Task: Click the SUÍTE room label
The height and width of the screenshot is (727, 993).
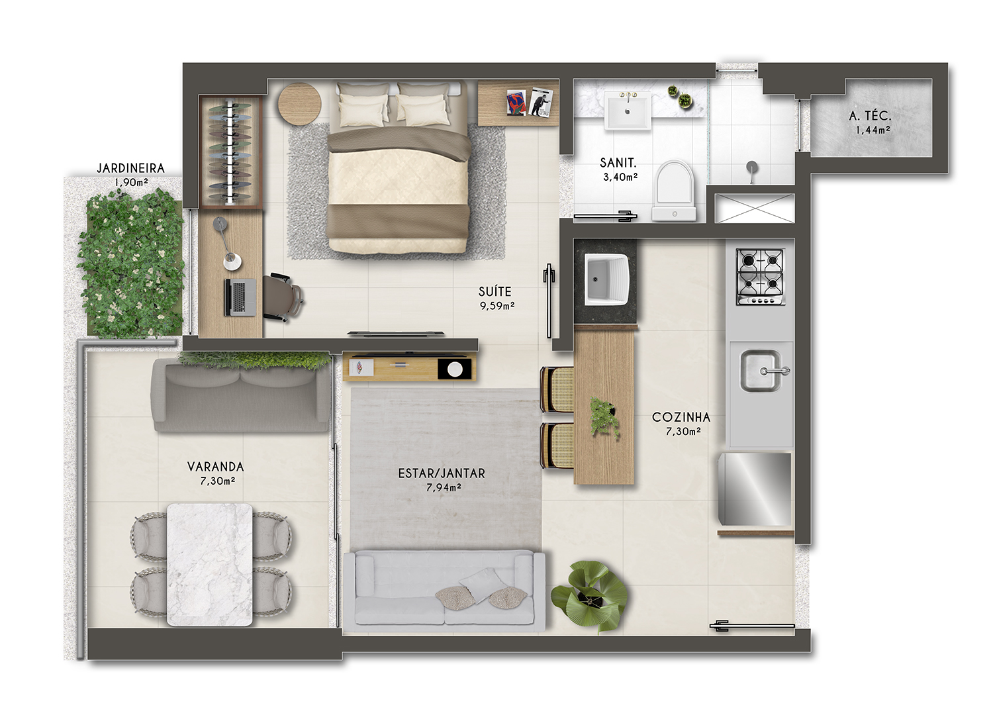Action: (495, 291)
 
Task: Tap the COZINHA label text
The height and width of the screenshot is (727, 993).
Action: (681, 417)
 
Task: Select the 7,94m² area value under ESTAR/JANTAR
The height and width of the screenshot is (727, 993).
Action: (444, 487)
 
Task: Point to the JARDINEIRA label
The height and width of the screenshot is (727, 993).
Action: (131, 168)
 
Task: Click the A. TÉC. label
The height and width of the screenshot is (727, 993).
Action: (870, 116)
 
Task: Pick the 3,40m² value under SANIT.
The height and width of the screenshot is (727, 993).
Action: (620, 177)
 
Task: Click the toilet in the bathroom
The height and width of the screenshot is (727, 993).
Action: (674, 191)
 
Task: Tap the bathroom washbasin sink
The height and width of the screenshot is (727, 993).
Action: (628, 111)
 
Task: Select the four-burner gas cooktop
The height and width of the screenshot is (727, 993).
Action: (760, 277)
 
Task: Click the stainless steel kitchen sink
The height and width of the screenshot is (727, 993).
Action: (761, 371)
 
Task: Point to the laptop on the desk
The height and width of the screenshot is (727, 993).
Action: (240, 297)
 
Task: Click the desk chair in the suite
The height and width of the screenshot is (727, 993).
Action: (283, 297)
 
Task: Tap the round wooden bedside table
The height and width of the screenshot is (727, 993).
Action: (300, 104)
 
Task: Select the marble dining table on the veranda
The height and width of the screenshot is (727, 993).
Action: (210, 565)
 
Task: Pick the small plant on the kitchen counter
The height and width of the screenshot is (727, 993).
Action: (604, 417)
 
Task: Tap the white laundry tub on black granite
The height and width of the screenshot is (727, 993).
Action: (606, 279)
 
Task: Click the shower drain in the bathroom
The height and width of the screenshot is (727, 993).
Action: (752, 168)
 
